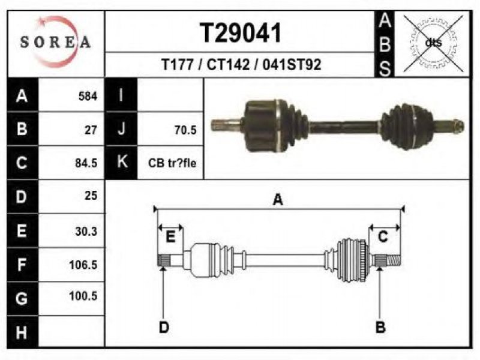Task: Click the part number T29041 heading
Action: [x=241, y=33]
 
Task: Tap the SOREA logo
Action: [x=55, y=42]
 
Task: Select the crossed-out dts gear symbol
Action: [x=433, y=43]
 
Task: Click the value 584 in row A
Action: [x=88, y=96]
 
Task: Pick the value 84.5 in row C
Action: [x=86, y=163]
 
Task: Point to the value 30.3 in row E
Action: [x=86, y=231]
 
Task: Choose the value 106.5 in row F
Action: [x=83, y=265]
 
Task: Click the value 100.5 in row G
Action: [x=83, y=296]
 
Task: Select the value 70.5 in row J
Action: [x=185, y=130]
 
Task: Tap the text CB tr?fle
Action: [x=172, y=163]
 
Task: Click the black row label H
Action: [x=22, y=332]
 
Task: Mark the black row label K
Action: [x=122, y=161]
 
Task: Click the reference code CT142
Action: [x=228, y=65]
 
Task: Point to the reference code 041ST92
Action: [x=292, y=65]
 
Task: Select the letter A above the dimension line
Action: [x=278, y=200]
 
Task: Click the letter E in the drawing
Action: [x=170, y=236]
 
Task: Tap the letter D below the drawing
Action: [x=164, y=328]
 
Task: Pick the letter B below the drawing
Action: [x=380, y=327]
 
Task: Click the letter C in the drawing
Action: [x=383, y=236]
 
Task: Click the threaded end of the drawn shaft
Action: [x=394, y=261]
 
